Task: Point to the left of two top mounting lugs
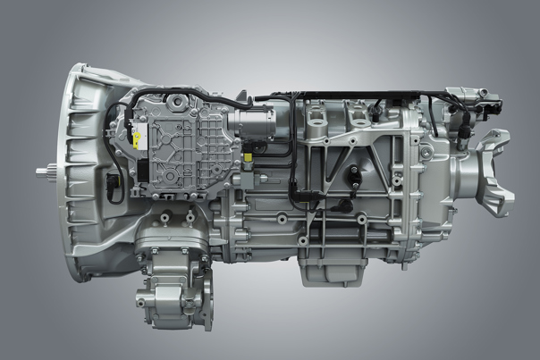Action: (315, 111)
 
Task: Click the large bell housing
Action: (85, 170)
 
